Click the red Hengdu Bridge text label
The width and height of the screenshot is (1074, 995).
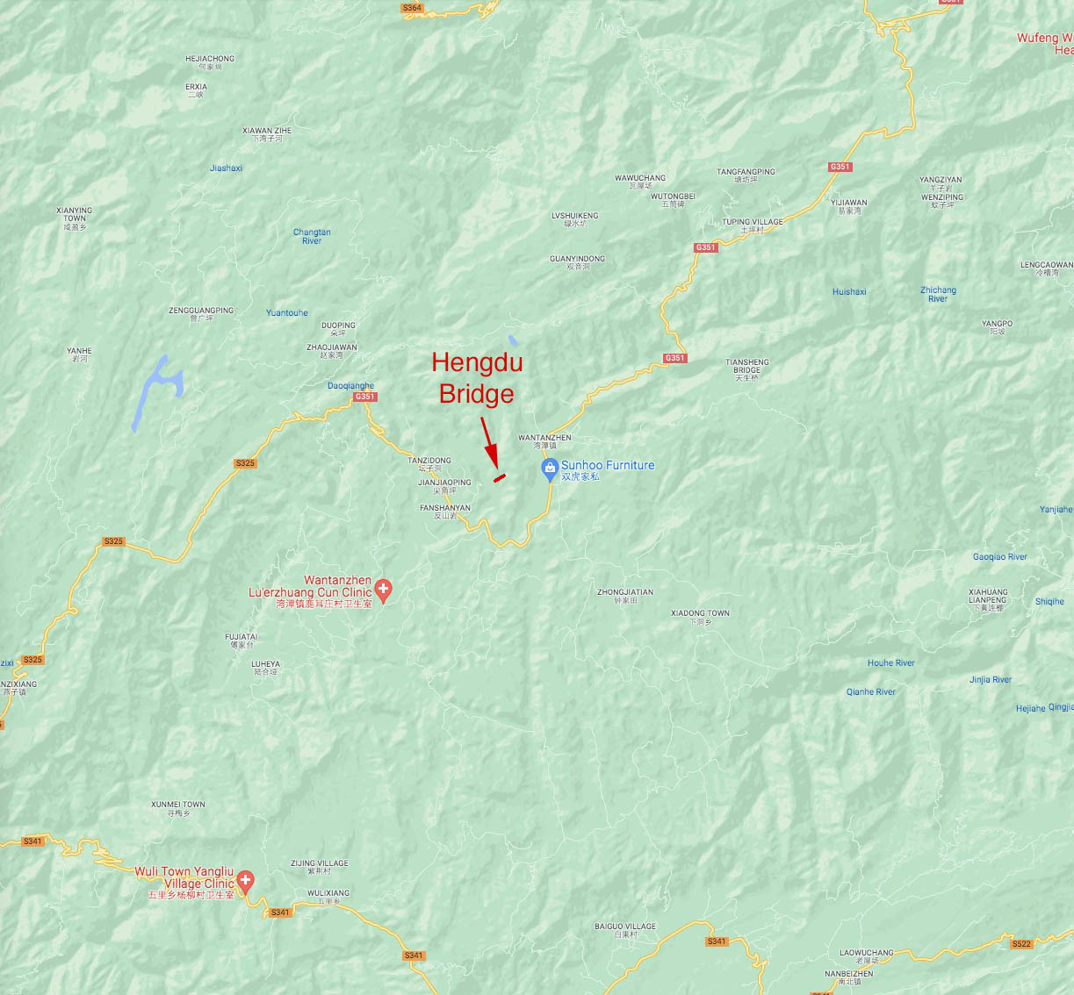(x=477, y=378)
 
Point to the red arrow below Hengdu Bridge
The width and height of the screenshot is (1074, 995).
(x=489, y=443)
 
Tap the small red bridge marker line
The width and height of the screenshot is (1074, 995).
(x=500, y=478)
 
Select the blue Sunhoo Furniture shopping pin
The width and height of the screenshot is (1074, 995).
(x=550, y=469)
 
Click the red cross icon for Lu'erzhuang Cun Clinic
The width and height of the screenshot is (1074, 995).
(x=383, y=590)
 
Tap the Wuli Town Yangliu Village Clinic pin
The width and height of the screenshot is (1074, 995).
(x=246, y=880)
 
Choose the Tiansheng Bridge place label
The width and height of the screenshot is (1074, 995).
(x=747, y=369)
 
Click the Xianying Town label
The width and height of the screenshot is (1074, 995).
(x=74, y=218)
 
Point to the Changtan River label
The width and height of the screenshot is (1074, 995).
(x=312, y=237)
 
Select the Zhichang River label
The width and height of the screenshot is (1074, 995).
(x=938, y=294)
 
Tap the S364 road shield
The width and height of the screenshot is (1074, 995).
(x=412, y=8)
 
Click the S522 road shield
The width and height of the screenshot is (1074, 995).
(x=1021, y=944)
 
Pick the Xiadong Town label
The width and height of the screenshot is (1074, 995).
(x=700, y=617)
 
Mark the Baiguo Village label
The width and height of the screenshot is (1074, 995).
(x=625, y=930)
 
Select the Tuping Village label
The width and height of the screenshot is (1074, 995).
(x=752, y=225)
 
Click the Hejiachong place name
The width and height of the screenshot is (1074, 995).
(x=210, y=62)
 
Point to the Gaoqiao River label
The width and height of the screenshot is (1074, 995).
(x=999, y=557)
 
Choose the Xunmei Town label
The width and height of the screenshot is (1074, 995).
(x=178, y=808)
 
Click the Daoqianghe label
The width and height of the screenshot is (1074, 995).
(x=350, y=386)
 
